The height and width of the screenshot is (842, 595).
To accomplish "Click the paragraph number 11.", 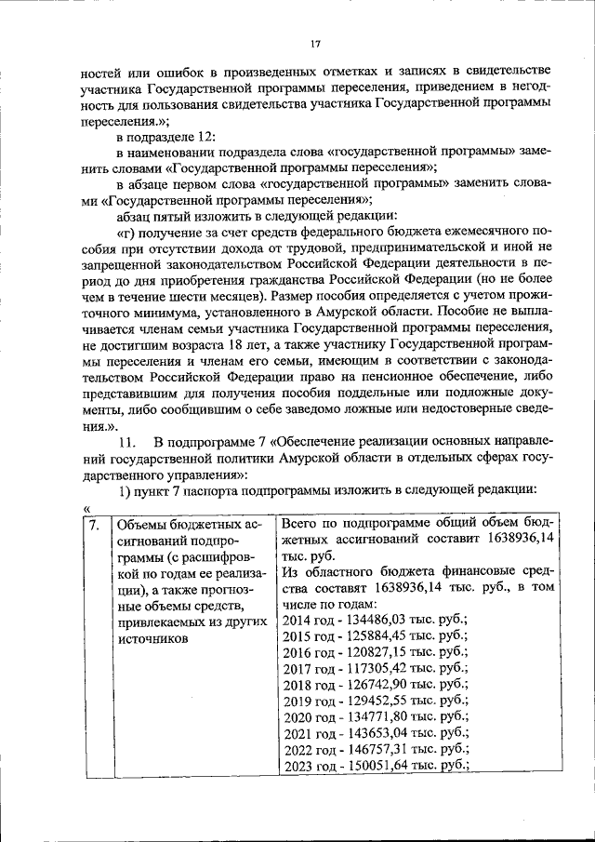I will click(x=128, y=441).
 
